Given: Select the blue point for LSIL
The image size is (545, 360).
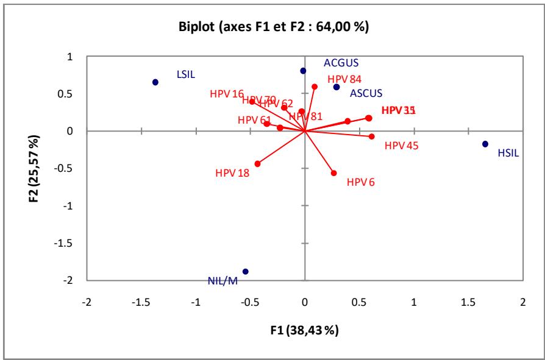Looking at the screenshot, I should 155,82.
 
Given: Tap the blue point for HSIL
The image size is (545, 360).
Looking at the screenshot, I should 485,144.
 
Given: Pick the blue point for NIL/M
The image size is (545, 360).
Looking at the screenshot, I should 246,272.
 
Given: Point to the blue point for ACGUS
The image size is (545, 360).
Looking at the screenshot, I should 303,71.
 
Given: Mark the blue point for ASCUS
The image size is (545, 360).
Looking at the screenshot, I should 337,87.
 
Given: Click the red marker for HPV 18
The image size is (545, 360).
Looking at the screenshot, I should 257,164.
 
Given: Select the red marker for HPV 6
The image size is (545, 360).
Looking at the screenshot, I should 333,173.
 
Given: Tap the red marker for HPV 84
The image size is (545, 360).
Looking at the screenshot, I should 315,86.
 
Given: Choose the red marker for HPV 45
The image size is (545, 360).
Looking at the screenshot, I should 371,136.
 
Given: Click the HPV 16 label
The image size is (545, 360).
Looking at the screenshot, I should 227,94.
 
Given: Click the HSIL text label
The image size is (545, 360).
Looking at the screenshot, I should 508,154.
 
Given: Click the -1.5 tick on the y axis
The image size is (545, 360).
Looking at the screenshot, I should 73,243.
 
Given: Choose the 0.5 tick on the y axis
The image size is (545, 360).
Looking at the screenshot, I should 73,94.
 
